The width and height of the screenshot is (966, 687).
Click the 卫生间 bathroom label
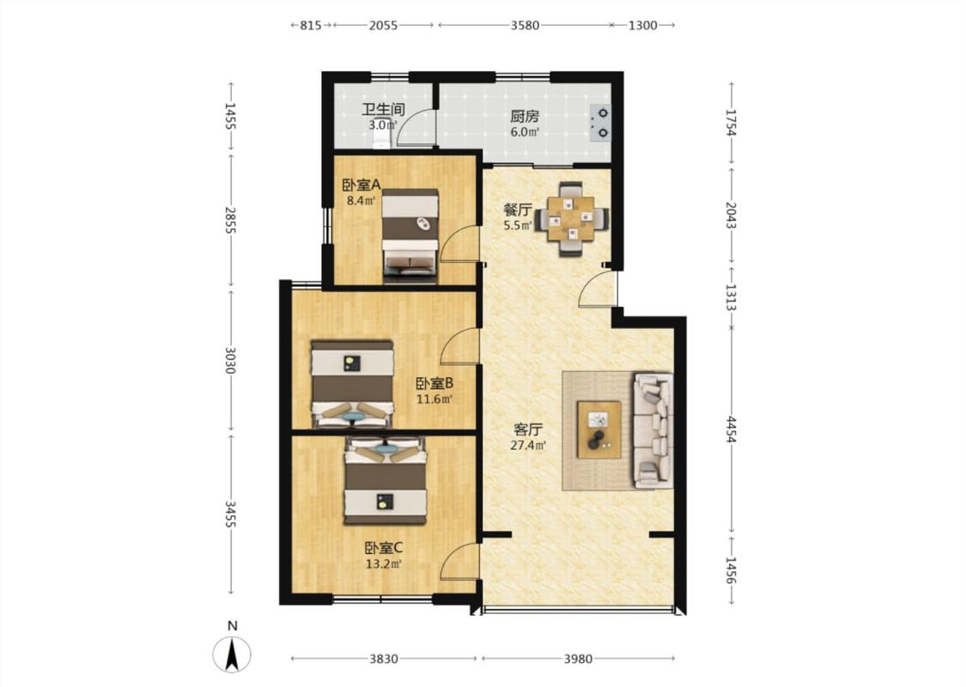pyautogui.click(x=383, y=110)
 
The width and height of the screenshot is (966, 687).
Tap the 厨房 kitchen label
pyautogui.click(x=525, y=116)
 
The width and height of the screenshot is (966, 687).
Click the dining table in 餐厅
pyautogui.click(x=573, y=218)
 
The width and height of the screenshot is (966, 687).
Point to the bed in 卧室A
pyautogui.click(x=410, y=236)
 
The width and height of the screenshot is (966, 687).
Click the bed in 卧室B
pyautogui.click(x=352, y=383)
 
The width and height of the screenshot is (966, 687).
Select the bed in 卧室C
pyautogui.click(x=386, y=481)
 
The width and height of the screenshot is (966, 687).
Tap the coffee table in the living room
pyautogui.click(x=598, y=429)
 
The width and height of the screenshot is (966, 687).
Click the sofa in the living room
pyautogui.click(x=653, y=430)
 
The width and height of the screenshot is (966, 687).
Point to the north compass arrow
pyautogui.click(x=232, y=654)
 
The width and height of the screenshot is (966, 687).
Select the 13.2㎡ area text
pyautogui.click(x=384, y=563)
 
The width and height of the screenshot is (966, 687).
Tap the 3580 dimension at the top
pyautogui.click(x=525, y=25)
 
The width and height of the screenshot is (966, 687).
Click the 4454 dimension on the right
pyautogui.click(x=731, y=429)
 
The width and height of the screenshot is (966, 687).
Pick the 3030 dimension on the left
pyautogui.click(x=230, y=360)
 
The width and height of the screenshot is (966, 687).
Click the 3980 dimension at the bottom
pyautogui.click(x=578, y=659)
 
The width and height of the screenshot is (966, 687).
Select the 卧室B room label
pyautogui.click(x=434, y=383)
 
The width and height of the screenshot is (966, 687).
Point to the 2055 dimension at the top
pyautogui.click(x=383, y=25)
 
